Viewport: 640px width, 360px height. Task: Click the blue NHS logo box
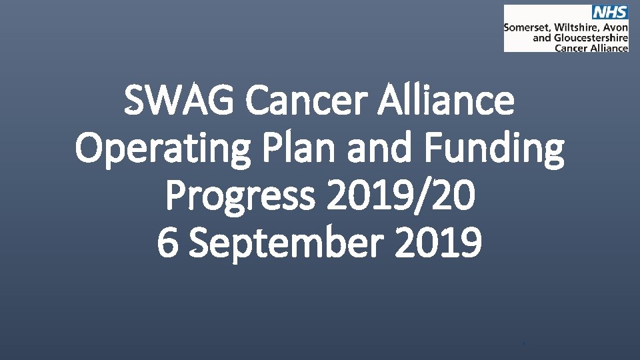(609, 13)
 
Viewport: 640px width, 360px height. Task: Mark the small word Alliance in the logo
(609, 48)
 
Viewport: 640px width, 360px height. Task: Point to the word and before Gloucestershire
(542, 39)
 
